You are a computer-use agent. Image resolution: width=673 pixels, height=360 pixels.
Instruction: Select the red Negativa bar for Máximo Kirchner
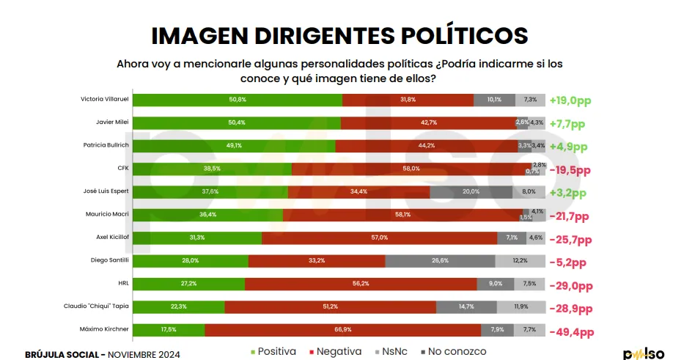coord(342,330)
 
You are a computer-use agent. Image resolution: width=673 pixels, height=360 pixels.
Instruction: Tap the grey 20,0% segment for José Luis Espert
coord(471,192)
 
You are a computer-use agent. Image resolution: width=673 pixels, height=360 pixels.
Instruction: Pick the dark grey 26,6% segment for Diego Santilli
coord(440,261)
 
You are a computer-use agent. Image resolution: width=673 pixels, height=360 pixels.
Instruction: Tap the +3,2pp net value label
coord(568,194)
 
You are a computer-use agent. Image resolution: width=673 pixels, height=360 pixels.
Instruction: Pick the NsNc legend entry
coord(393,352)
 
